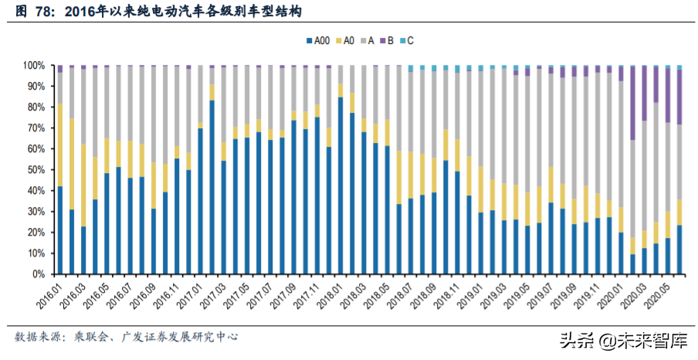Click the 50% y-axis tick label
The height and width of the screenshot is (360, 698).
tap(40, 170)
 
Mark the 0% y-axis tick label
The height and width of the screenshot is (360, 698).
tap(42, 274)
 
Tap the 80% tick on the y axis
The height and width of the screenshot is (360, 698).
tap(40, 107)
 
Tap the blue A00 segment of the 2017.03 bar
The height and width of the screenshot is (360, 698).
tap(223, 217)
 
